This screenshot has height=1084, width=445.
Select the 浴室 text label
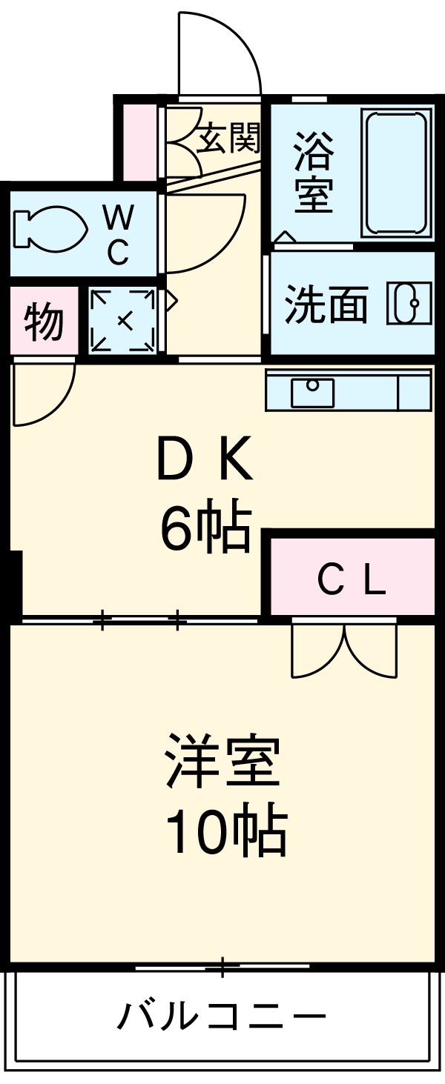coord(313,172)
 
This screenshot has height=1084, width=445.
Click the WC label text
coord(118,234)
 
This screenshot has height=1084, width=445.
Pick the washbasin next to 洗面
coord(409,304)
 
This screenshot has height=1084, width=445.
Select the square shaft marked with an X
coord(123,320)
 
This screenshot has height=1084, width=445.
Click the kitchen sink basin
coord(312,391)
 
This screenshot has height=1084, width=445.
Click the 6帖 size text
coord(203,528)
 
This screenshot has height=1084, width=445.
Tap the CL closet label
coord(352,582)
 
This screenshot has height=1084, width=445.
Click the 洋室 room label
coord(222,761)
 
